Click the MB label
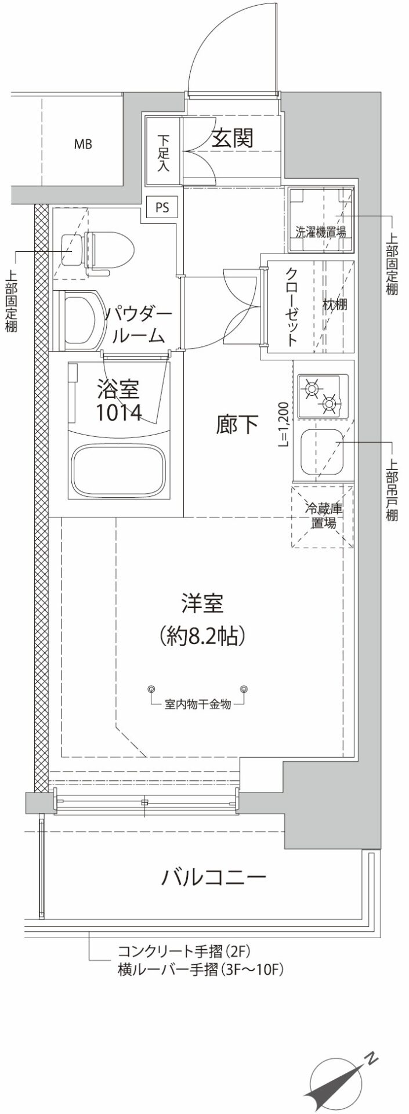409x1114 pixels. coord(82,144)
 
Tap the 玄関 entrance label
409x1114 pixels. coord(231,138)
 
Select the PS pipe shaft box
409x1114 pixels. coord(162,207)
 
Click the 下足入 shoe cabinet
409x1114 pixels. coord(163,153)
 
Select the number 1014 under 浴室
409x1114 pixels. coord(118,413)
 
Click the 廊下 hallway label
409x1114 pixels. coord(237,425)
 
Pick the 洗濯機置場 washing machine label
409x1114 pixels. coord(321,233)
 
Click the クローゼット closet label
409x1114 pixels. coord(292,306)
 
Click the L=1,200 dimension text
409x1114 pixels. coord(284,424)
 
